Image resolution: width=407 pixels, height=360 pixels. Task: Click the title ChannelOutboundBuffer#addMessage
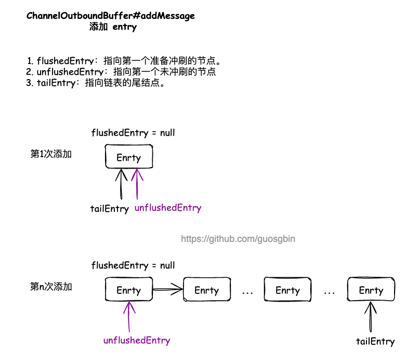pos(111,16)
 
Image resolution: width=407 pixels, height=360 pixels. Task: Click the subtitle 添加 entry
pos(113,27)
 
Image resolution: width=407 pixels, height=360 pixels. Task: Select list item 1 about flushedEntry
pos(127,61)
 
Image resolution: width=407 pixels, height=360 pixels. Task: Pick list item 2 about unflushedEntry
pos(121,72)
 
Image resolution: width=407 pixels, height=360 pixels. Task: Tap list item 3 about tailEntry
pos(96,83)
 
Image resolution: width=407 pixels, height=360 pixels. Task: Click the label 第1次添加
pos(51,154)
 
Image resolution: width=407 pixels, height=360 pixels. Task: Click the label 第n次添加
pos(51,287)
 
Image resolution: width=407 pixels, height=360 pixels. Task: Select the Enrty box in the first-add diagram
pos(129,157)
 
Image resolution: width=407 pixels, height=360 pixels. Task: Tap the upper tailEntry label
pos(109,209)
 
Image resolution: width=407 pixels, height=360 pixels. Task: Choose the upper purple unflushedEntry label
pos(168,208)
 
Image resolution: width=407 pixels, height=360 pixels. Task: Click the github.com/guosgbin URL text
pos(238,239)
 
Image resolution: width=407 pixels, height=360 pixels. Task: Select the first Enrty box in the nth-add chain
pos(129,290)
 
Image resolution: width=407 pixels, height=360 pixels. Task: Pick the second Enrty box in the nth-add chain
pos(207,290)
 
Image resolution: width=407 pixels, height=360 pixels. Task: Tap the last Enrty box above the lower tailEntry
pos(371,290)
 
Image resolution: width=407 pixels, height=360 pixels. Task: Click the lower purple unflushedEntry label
pos(137,341)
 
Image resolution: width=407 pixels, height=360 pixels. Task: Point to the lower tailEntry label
pos(375,342)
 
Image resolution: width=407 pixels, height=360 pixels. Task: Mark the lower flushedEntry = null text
pos(133,265)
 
